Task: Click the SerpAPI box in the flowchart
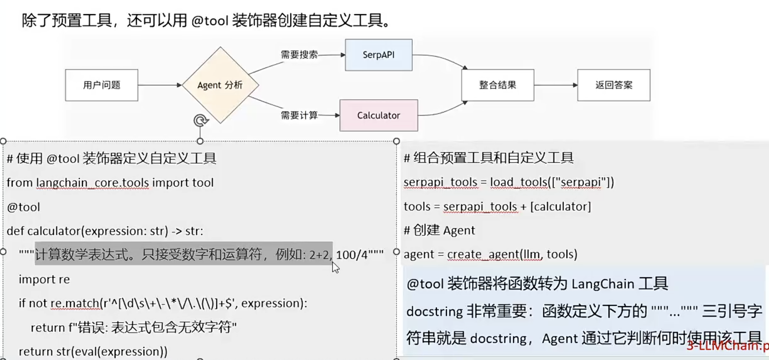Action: click(378, 55)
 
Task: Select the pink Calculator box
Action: click(378, 115)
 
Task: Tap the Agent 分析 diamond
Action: click(220, 85)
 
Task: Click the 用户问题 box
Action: click(101, 85)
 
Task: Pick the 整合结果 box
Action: click(497, 85)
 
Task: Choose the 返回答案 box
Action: click(613, 85)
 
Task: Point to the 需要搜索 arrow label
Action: click(299, 55)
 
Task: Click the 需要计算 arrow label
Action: click(299, 115)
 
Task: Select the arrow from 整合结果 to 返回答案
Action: click(556, 85)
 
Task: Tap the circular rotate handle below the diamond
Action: click(200, 121)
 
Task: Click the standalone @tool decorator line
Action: click(23, 207)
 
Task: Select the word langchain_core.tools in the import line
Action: click(92, 183)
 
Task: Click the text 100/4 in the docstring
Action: click(351, 255)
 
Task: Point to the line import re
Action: click(44, 279)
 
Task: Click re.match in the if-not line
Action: click(75, 303)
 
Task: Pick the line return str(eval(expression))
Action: click(93, 351)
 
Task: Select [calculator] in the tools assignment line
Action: click(560, 206)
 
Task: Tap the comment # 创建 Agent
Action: click(439, 230)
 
